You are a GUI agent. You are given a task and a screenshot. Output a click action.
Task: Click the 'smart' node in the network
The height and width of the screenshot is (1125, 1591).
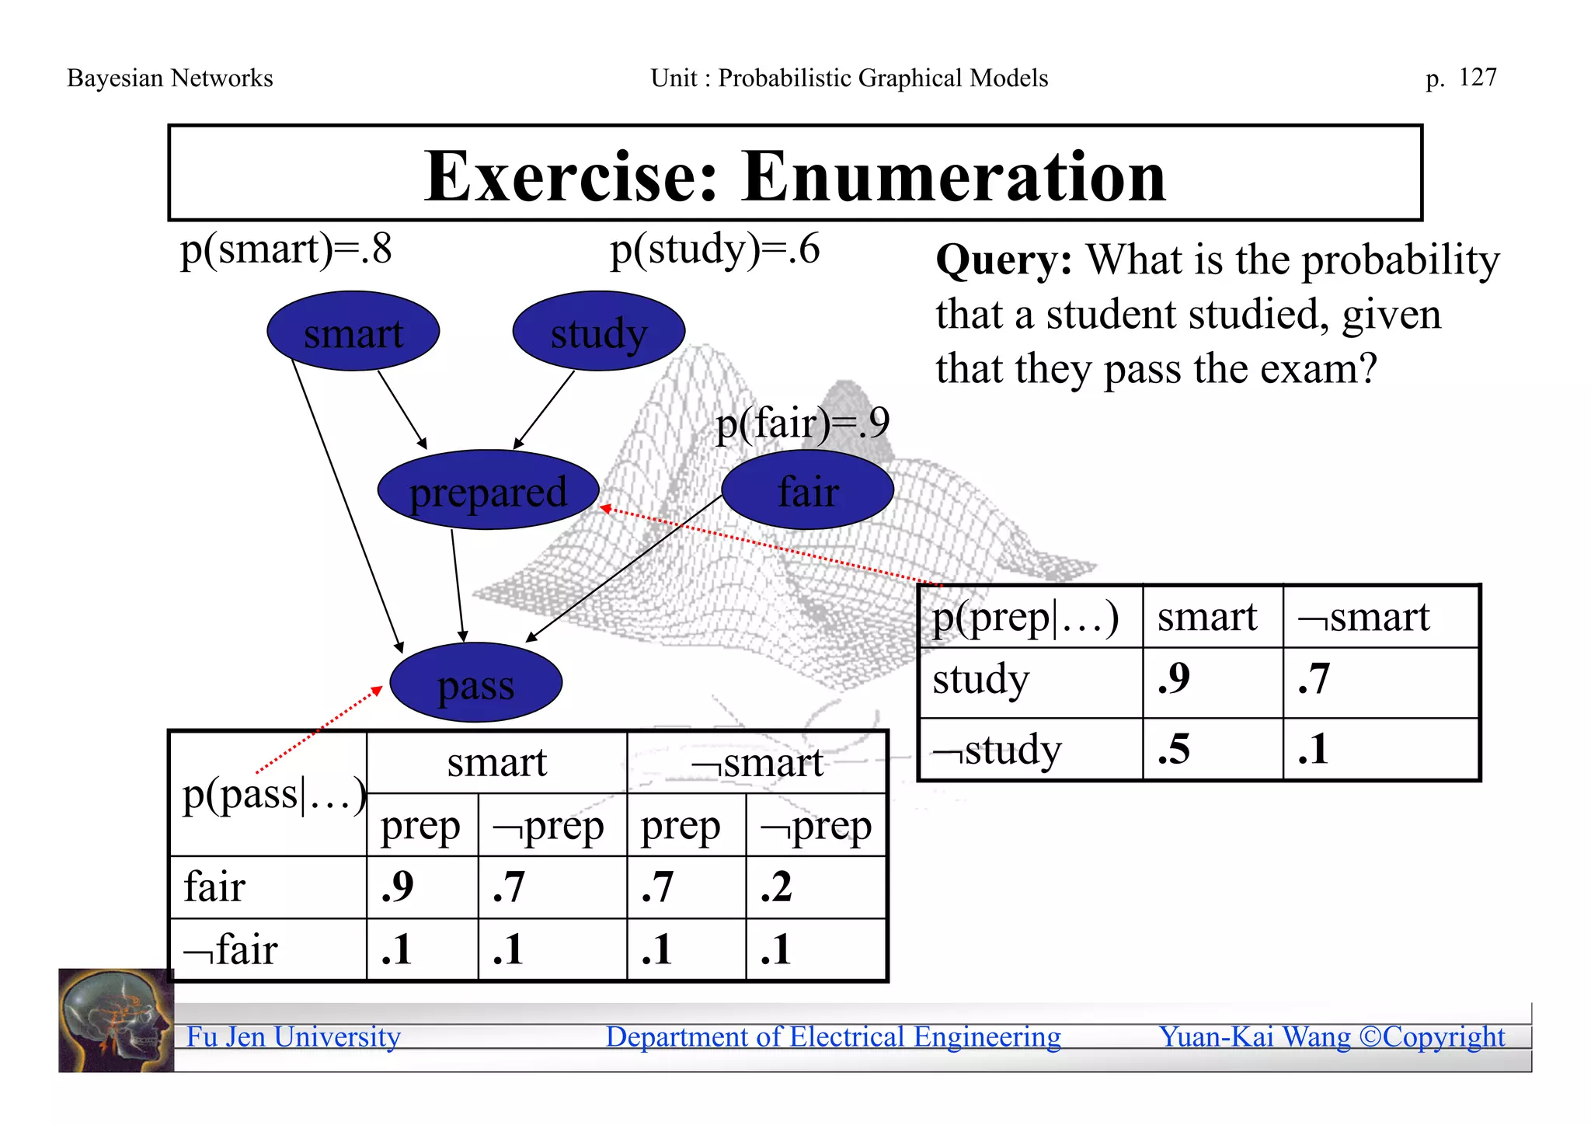pyautogui.click(x=353, y=332)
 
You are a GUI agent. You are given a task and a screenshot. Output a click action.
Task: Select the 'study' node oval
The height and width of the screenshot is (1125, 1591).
pyautogui.click(x=598, y=332)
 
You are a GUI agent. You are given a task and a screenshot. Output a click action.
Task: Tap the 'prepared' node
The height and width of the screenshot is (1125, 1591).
pyautogui.click(x=488, y=490)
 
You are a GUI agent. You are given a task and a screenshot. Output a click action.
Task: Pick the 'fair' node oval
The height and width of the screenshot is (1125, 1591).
pyautogui.click(x=807, y=490)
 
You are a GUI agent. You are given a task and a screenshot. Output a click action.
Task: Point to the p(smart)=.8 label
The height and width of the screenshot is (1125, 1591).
pyautogui.click(x=286, y=250)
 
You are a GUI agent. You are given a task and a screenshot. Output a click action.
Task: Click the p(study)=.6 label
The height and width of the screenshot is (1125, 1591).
pyautogui.click(x=715, y=250)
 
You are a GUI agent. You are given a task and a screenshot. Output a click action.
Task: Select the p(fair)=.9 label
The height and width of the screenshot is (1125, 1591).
pyautogui.click(x=802, y=423)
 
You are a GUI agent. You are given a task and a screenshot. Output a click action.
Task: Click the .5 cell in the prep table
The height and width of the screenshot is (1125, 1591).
pyautogui.click(x=1174, y=749)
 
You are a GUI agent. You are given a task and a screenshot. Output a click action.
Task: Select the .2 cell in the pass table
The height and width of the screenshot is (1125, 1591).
pyautogui.click(x=777, y=887)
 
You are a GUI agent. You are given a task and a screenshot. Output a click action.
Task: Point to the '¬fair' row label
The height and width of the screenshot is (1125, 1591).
pyautogui.click(x=231, y=950)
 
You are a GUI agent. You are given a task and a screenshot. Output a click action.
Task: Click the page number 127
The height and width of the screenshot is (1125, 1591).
pyautogui.click(x=1477, y=78)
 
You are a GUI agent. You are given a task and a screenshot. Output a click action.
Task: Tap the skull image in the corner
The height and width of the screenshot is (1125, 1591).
pyautogui.click(x=116, y=1020)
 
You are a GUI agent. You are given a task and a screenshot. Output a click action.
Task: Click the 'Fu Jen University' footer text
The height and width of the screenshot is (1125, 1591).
pyautogui.click(x=294, y=1037)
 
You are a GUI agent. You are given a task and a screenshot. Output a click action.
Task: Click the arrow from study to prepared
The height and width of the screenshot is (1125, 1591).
pyautogui.click(x=544, y=409)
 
